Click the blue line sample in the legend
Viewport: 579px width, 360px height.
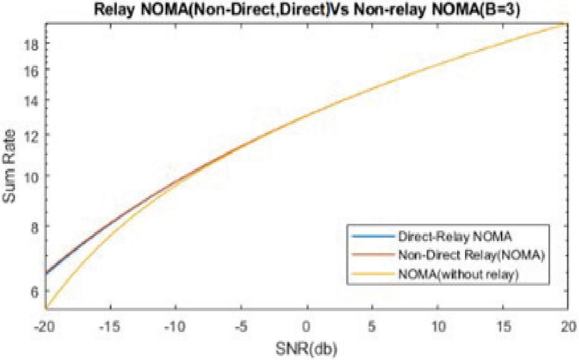(x=372, y=237)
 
